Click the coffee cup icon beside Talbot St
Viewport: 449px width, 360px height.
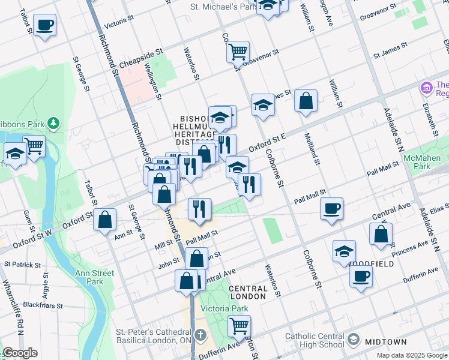click(44, 26)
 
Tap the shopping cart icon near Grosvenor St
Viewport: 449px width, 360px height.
click(238, 52)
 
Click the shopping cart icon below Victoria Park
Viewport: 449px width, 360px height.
click(239, 326)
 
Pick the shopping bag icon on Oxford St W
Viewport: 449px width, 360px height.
click(105, 220)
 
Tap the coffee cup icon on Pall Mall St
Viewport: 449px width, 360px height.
click(331, 209)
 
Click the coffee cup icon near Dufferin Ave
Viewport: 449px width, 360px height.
click(361, 276)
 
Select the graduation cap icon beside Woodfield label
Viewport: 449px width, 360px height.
click(344, 251)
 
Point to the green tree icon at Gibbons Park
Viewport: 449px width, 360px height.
click(54, 123)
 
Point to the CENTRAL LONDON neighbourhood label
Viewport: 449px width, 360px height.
click(247, 292)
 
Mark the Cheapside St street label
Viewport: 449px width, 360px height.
click(141, 58)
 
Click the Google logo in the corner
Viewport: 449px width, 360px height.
click(20, 353)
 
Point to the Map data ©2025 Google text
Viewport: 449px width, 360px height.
click(412, 355)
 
